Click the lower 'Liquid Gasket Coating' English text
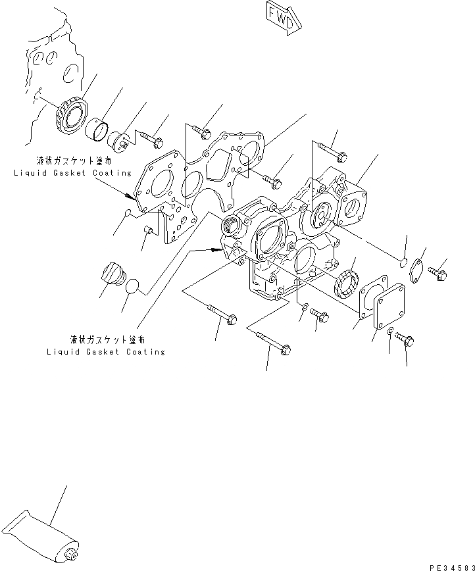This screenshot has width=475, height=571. (x=105, y=352)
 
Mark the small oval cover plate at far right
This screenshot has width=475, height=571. (x=417, y=271)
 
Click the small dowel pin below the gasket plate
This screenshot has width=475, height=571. (x=149, y=230)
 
